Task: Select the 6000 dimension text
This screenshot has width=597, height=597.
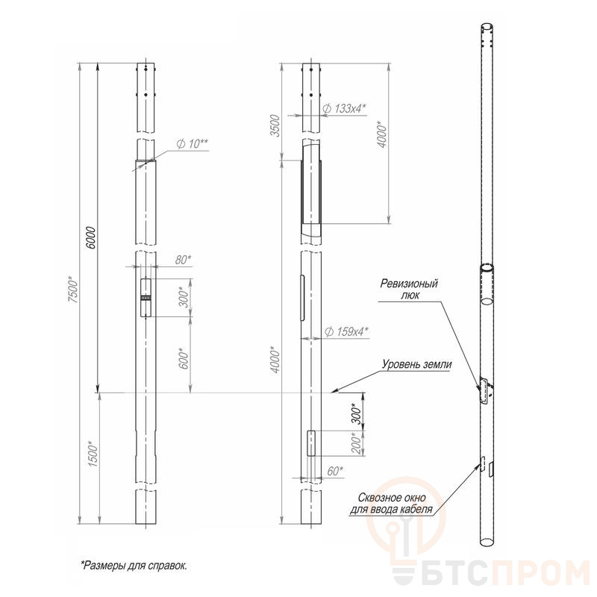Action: point(92,237)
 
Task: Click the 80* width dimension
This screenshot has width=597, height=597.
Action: point(183,260)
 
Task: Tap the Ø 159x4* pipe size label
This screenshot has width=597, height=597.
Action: point(347,331)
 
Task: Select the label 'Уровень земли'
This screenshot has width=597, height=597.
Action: point(416,365)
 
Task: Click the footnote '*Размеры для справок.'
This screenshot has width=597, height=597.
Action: point(134,565)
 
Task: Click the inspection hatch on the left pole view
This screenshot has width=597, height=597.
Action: point(145,299)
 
